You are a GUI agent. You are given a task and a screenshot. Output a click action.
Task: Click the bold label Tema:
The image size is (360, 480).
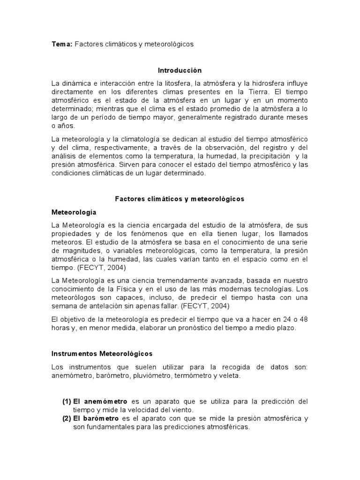tap(61, 44)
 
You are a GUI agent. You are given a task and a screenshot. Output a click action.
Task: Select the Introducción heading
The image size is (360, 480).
tap(180, 70)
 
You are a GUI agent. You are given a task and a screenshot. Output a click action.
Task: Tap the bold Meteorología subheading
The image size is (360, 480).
tap(74, 212)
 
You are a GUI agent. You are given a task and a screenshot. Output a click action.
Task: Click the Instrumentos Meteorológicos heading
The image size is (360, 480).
tap(102, 353)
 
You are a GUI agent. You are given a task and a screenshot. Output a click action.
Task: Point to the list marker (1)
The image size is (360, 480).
tap(67, 402)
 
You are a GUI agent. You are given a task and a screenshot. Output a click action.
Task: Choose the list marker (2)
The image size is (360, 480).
tap(67, 419)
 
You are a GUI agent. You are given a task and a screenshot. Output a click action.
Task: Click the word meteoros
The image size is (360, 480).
tap(65, 242)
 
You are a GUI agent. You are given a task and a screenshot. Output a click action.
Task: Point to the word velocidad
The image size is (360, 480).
tap(124, 410)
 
